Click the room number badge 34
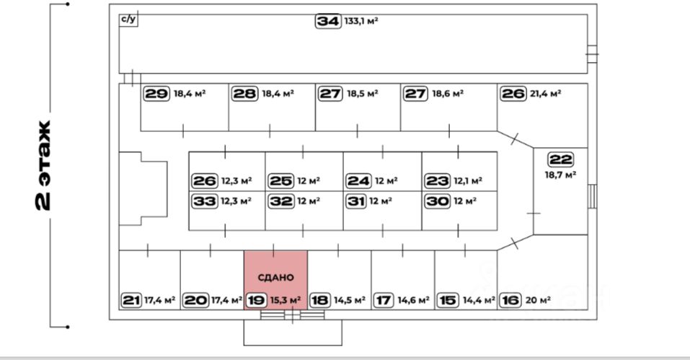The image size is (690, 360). (327, 21)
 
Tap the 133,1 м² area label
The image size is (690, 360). (363, 22)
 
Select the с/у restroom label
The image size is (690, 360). (128, 19)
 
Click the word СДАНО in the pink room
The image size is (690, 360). (275, 277)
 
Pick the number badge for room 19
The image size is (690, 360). (256, 300)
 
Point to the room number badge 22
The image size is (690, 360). (560, 159)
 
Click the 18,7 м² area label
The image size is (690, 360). (560, 175)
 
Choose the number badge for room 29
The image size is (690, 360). (156, 94)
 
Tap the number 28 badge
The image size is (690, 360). (244, 94)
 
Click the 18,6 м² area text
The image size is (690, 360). (447, 94)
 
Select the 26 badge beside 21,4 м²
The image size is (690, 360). (513, 94)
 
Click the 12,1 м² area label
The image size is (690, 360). (468, 181)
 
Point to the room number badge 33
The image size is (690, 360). (205, 201)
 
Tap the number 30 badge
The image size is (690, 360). (438, 201)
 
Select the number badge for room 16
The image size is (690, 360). (510, 300)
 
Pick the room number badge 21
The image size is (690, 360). (131, 300)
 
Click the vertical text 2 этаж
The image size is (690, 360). (43, 165)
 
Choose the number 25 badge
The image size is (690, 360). (280, 180)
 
